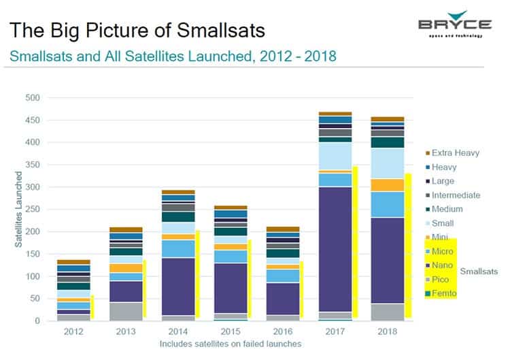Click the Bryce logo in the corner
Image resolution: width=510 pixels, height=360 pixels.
point(454,24)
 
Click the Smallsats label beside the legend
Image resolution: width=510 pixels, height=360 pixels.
point(479,271)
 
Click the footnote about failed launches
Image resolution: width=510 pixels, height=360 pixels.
point(231,344)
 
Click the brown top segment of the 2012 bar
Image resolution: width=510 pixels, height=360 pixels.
point(73,262)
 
